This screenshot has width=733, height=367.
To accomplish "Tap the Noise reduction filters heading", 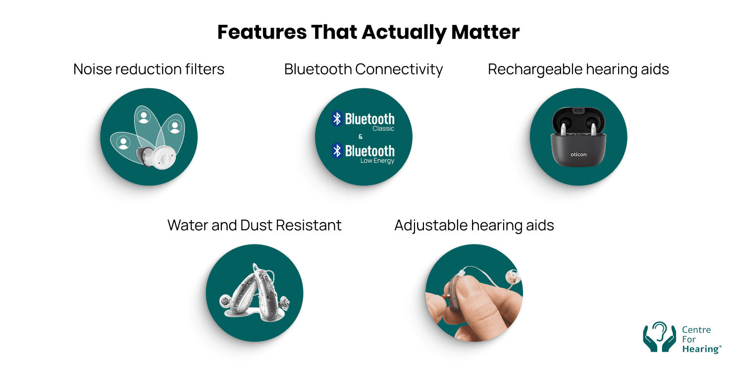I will pyautogui.click(x=149, y=69).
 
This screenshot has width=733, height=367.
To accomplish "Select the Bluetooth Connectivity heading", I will pyautogui.click(x=363, y=69).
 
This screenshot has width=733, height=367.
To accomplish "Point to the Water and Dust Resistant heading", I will pyautogui.click(x=254, y=225).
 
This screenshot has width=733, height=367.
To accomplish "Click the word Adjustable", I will pyautogui.click(x=430, y=225).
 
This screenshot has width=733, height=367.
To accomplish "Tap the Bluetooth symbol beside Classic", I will pyautogui.click(x=337, y=119).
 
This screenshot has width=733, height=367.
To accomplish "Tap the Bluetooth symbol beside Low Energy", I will pyautogui.click(x=337, y=150).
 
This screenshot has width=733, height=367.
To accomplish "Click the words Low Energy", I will pyautogui.click(x=377, y=161).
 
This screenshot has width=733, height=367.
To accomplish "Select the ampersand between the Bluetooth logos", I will pyautogui.click(x=360, y=137).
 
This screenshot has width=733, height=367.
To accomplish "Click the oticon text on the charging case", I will pyautogui.click(x=578, y=154).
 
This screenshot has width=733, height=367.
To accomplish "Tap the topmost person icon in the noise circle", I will pyautogui.click(x=144, y=117).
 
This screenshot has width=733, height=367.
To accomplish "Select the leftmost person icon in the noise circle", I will pyautogui.click(x=123, y=143).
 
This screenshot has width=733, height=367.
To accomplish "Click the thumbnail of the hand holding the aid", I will pyautogui.click(x=474, y=293).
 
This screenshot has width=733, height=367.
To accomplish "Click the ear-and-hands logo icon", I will pyautogui.click(x=659, y=337).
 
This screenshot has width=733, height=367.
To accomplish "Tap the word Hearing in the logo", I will pyautogui.click(x=700, y=349).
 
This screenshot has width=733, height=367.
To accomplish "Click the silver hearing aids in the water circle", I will pyautogui.click(x=254, y=293).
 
